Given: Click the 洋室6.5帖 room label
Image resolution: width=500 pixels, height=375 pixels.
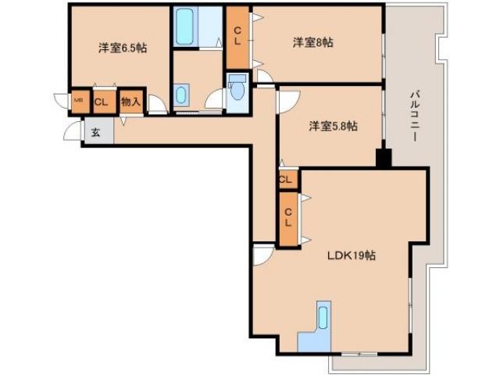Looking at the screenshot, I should tap(123, 48).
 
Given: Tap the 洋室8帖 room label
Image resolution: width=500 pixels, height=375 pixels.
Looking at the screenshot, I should tap(313, 42).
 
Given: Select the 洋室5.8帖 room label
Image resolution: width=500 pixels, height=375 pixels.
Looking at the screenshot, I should tap(333, 125).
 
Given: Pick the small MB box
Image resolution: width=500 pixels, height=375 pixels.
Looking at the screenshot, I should tap(78, 100).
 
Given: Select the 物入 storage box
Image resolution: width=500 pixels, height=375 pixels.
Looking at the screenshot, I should tap(131, 101).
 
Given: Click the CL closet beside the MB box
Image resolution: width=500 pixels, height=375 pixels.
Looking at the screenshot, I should tap(102, 101).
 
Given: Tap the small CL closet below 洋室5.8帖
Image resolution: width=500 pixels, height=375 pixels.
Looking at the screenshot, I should tap(286, 180).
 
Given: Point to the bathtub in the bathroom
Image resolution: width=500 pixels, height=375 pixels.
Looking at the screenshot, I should tap(186, 28).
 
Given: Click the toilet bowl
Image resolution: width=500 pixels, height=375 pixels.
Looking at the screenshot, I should tap(237, 92).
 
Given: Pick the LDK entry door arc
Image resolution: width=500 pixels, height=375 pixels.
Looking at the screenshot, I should tap(262, 254).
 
